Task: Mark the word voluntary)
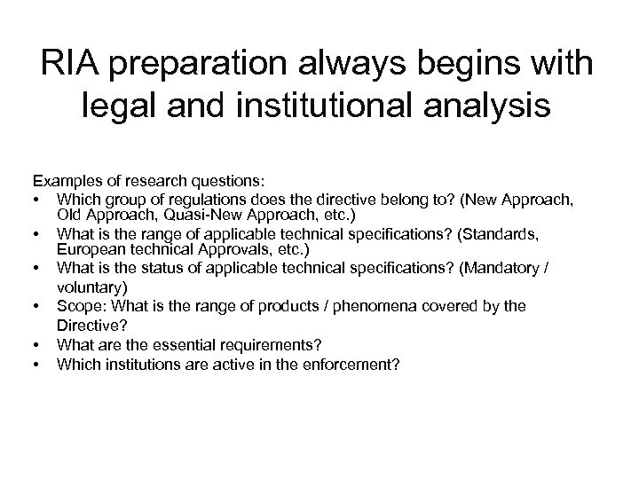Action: coord(90,287)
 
